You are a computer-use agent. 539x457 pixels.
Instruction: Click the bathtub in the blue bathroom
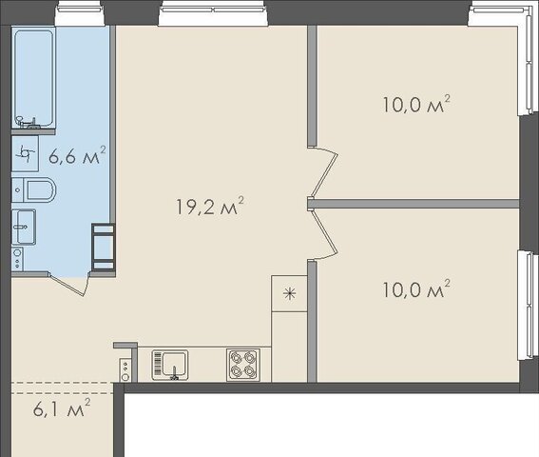(x=33, y=78)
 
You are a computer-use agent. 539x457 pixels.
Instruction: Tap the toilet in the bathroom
(x=34, y=189)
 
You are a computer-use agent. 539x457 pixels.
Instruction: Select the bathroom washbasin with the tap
(x=24, y=227)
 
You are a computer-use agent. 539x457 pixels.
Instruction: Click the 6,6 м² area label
(x=77, y=155)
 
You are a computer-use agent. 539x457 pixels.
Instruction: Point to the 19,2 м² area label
(x=210, y=206)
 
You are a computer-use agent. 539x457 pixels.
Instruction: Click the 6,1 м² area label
(x=62, y=408)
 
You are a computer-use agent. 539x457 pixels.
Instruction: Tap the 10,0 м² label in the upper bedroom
(x=416, y=105)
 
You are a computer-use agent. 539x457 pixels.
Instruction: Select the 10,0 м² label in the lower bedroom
(x=416, y=289)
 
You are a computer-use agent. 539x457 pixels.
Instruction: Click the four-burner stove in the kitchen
(x=243, y=365)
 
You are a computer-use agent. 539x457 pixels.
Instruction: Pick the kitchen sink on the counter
(x=170, y=365)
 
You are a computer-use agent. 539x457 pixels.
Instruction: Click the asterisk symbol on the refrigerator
(x=289, y=294)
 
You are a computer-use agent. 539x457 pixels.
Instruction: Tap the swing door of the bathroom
(x=68, y=284)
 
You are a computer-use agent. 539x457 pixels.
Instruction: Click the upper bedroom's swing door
(x=323, y=172)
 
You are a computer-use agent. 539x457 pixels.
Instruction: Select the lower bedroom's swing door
(x=323, y=234)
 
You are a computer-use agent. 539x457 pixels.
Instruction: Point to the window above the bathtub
(x=80, y=13)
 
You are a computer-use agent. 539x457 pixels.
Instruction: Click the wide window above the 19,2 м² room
(x=213, y=13)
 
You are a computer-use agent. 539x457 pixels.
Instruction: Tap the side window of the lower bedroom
(x=528, y=305)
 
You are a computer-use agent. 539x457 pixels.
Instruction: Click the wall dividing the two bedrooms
(x=414, y=204)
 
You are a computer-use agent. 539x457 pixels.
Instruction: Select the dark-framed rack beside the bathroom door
(x=103, y=247)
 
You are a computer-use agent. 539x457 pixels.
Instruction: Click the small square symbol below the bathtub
(x=25, y=153)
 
